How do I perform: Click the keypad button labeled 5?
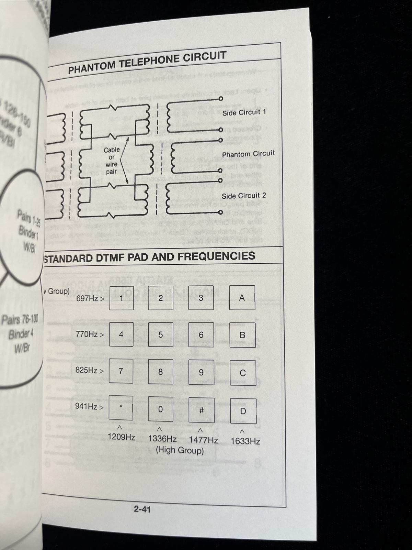point(161,335)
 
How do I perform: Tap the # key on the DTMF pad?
point(202,410)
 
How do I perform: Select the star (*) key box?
point(121,408)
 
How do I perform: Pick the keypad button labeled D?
point(243,411)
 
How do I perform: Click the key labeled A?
point(242,298)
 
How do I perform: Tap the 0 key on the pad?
point(160,409)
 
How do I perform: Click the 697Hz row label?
point(90,298)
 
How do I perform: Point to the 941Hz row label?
point(89,406)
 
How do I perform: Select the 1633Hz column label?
point(245,441)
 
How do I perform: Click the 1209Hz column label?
point(121,437)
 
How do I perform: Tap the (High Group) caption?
point(180,450)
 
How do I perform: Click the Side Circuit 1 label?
point(244,112)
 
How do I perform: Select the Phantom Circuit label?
point(248,154)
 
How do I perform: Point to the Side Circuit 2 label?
point(244,196)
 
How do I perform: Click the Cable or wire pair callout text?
point(112,161)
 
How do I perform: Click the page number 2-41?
point(142,509)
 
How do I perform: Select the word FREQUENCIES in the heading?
point(216,256)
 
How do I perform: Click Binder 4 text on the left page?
point(21,334)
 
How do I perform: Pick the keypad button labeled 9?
point(201,373)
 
